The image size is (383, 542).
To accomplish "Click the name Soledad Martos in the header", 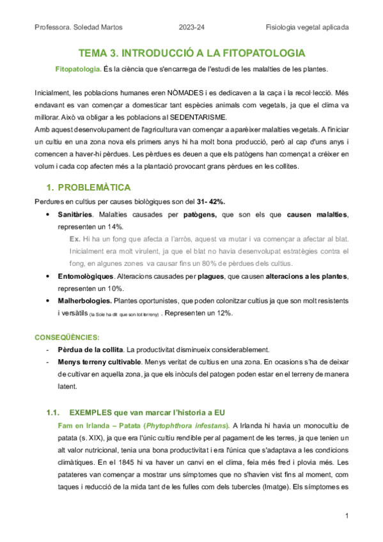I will pyautogui.click(x=101, y=27).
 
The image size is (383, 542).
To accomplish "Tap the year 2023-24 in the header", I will pyautogui.click(x=191, y=27).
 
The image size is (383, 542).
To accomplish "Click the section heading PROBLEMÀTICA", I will pyautogui.click(x=94, y=188).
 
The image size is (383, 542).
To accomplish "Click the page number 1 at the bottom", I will pyautogui.click(x=346, y=516).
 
